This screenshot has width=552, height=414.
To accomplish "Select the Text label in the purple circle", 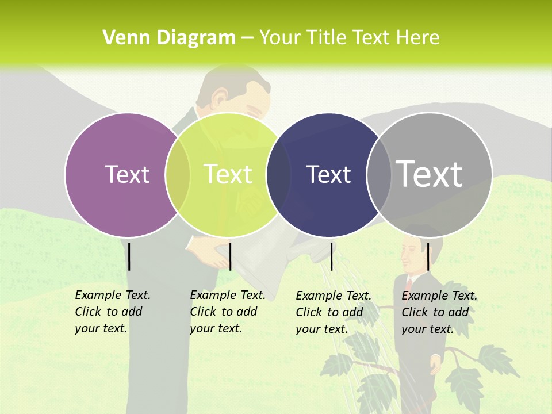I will tap(127, 174).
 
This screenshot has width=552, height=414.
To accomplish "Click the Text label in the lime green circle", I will tap(228, 174).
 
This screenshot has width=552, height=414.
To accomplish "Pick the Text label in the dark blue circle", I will tap(328, 174).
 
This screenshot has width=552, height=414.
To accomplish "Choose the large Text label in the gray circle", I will tap(430, 174).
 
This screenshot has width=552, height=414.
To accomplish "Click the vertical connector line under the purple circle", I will tap(129, 256).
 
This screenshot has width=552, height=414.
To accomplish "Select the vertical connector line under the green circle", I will tap(230, 256).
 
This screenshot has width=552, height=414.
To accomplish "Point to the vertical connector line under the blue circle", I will tap(331, 256).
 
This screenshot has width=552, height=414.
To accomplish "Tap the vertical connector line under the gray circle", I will tap(428, 256).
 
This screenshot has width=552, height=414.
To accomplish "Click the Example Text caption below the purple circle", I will tap(112, 312).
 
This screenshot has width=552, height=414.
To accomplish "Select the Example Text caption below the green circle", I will tap(227, 312).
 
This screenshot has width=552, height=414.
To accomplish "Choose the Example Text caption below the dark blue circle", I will tap(333, 312).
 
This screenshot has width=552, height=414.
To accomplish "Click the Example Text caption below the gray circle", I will tap(439, 312).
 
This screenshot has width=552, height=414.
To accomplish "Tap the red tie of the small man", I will tap(409, 285).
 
